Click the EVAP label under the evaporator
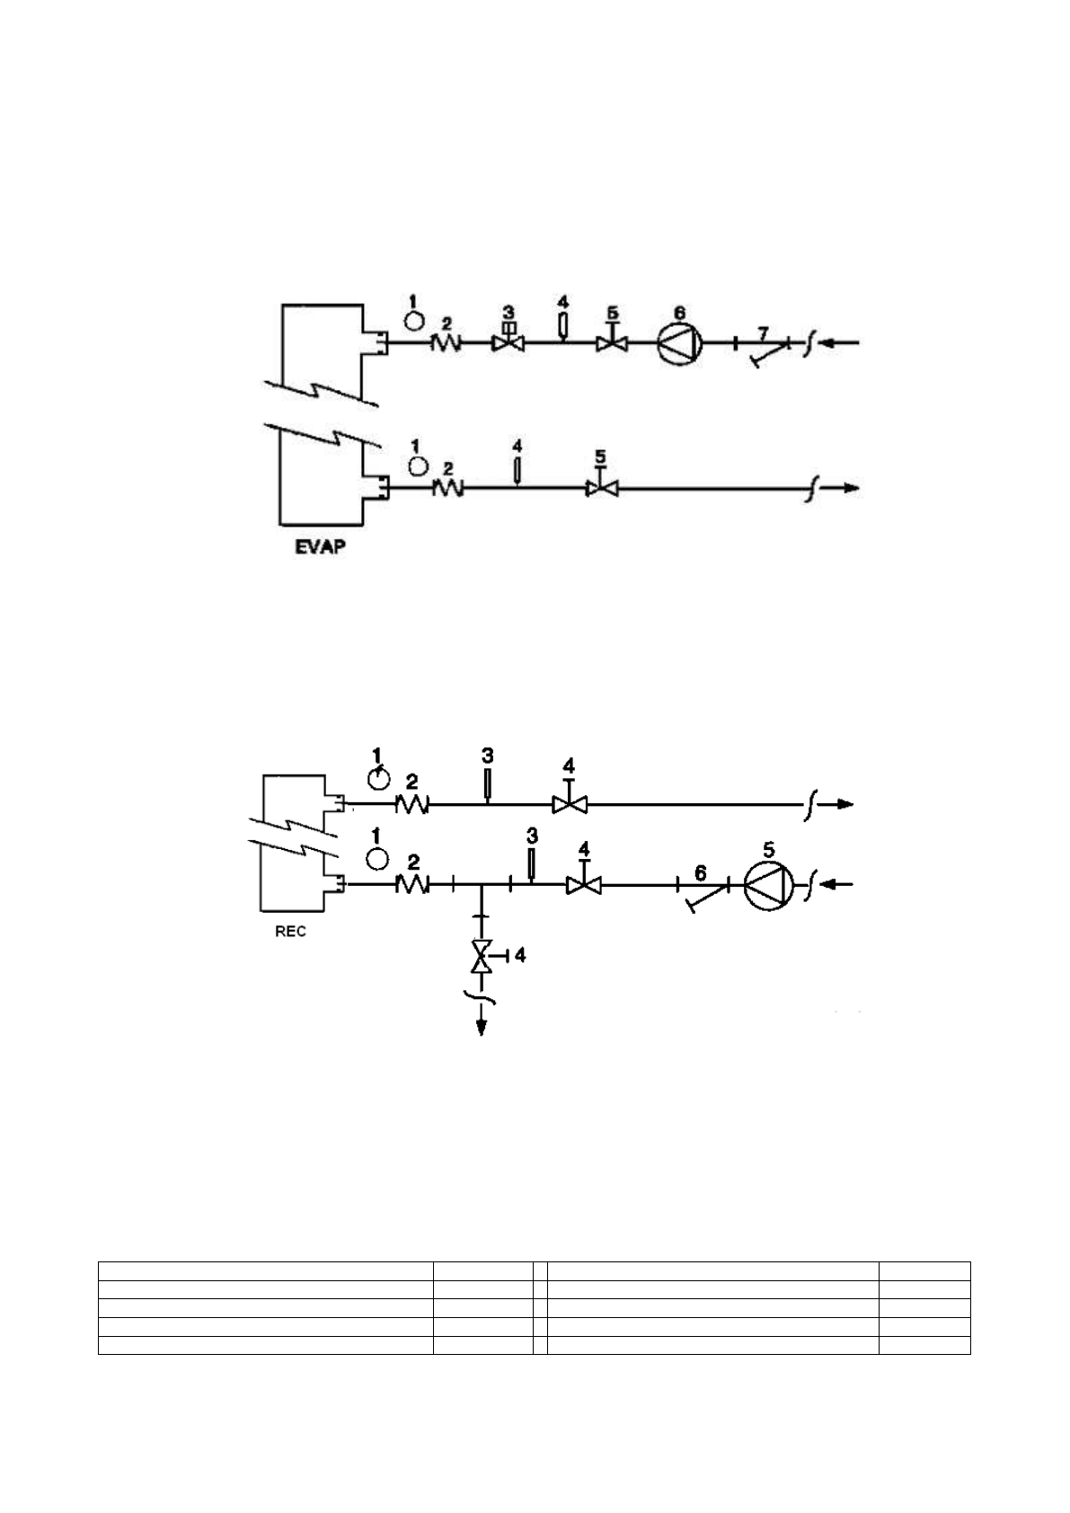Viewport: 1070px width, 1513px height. pyautogui.click(x=320, y=545)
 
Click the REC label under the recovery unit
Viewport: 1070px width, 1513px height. pyautogui.click(x=290, y=932)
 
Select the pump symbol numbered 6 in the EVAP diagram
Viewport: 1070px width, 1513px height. pyautogui.click(x=680, y=342)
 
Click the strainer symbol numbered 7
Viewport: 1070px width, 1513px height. pyautogui.click(x=762, y=350)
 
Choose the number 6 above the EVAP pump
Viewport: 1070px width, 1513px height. pyautogui.click(x=680, y=312)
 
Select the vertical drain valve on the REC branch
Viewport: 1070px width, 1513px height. pyautogui.click(x=482, y=956)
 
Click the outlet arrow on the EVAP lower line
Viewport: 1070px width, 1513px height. pyautogui.click(x=848, y=489)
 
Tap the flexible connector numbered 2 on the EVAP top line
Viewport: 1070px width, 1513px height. pyautogui.click(x=446, y=342)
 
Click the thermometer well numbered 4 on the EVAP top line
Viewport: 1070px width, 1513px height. pyautogui.click(x=562, y=325)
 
